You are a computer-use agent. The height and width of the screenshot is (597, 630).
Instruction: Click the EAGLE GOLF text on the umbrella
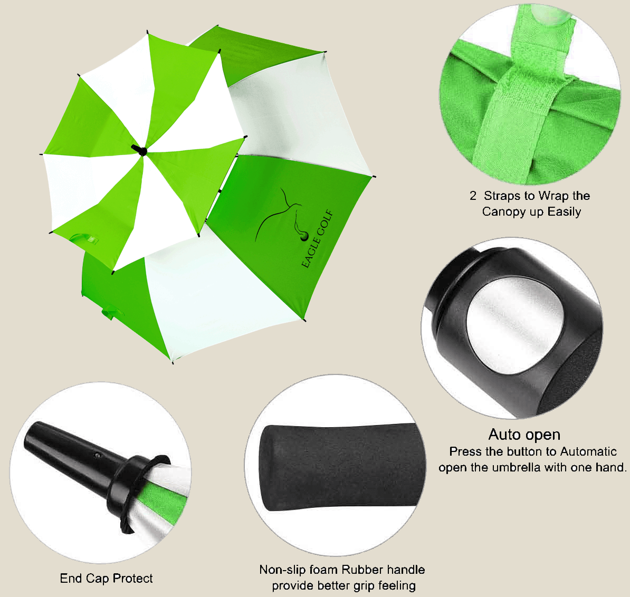[x=318, y=238]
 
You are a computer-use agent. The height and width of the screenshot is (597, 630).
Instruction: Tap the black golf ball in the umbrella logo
[x=304, y=236]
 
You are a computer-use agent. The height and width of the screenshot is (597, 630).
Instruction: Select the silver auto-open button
[x=514, y=325]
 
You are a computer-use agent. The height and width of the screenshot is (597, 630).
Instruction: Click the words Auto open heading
[x=524, y=435]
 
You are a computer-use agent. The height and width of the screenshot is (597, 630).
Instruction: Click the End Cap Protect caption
[x=107, y=579]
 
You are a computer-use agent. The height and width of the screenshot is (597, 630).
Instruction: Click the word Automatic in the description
[x=588, y=451]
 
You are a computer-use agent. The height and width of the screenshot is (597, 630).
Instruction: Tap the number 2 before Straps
[x=473, y=196]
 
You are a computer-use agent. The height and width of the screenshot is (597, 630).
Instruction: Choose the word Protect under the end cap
[x=132, y=579]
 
